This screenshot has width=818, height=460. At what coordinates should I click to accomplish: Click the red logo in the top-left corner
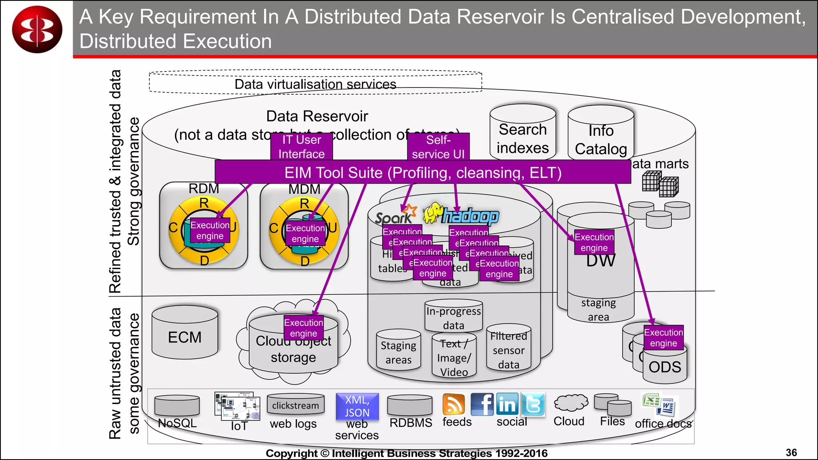37,29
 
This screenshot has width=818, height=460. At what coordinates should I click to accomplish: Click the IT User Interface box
301,147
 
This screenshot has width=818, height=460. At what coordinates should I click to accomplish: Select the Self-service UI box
438,147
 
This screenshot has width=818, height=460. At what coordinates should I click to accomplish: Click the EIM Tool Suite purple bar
423,172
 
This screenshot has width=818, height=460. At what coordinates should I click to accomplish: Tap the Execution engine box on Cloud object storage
304,328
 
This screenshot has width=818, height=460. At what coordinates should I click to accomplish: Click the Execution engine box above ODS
663,338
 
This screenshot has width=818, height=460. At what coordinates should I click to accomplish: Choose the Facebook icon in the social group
482,404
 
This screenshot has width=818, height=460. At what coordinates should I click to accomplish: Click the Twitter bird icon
533,404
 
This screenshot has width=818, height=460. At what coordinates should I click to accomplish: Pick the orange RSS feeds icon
454,404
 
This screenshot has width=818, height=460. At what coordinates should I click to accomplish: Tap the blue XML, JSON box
357,406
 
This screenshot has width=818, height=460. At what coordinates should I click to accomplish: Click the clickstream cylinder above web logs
296,404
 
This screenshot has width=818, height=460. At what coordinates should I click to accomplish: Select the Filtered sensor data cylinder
508,349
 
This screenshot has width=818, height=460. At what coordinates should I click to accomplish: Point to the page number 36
791,452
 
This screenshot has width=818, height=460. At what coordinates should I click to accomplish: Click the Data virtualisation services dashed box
315,83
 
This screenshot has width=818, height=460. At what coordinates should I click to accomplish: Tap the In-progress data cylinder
453,317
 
